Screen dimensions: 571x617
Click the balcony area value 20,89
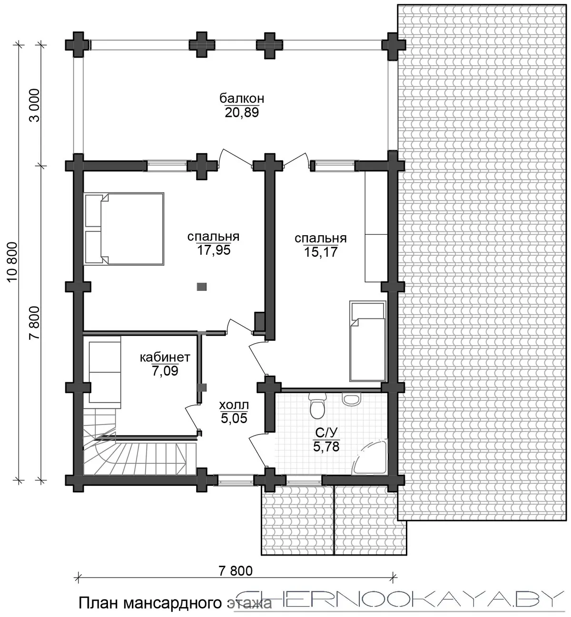click(242, 113)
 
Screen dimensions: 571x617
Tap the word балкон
click(242, 98)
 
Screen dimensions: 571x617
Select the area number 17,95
click(214, 250)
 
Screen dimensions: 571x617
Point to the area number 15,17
click(321, 251)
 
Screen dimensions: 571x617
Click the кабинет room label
click(165, 357)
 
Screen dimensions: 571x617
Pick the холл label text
click(234, 405)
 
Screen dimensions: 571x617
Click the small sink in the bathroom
click(351, 399)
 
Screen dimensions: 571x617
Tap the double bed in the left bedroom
click(124, 229)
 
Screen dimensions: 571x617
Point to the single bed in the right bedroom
click(367, 341)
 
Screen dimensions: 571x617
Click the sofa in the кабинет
click(105, 372)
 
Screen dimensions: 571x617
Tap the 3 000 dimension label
click(35, 106)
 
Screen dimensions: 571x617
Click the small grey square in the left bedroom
click(202, 287)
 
